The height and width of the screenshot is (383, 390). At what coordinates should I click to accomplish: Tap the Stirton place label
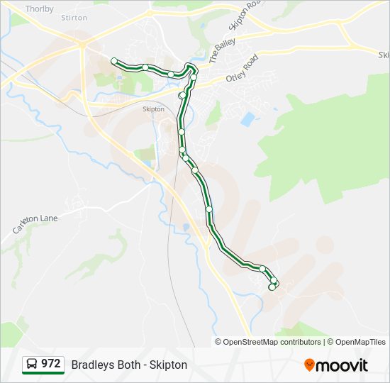coord(74,17)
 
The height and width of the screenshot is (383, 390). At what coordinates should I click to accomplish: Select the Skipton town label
coord(153,109)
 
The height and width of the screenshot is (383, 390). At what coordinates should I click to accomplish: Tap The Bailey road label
coord(219,52)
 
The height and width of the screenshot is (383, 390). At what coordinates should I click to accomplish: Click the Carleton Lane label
coord(35,223)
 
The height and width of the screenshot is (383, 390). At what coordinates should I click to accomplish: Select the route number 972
coord(50,364)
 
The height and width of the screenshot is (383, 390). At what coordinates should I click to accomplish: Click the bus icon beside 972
coord(33,365)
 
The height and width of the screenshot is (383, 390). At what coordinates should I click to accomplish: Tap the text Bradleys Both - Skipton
coord(129,365)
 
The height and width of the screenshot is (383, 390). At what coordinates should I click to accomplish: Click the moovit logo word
coord(342,365)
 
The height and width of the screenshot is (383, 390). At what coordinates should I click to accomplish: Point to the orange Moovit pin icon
coord(309,365)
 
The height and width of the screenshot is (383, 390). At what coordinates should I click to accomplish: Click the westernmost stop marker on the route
coord(114,61)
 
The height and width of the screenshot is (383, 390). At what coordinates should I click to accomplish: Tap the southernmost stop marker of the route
coord(272,287)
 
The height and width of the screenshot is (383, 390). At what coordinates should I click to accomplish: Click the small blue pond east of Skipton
coord(247,118)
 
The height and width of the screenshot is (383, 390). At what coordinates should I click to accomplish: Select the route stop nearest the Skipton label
coord(182,95)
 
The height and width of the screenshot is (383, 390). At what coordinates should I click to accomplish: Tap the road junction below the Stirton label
coord(82,44)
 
